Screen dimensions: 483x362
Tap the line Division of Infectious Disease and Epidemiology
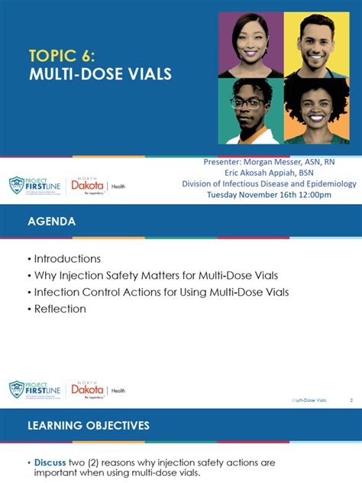tap(269, 183)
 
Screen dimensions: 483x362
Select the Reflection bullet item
tap(60, 309)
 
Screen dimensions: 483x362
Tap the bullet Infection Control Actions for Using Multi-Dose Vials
tap(160, 292)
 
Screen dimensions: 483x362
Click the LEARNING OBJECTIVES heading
tap(89, 425)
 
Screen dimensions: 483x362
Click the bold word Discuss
tap(51, 463)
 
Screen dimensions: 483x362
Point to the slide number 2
tap(351, 400)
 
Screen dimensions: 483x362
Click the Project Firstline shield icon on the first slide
tap(17, 186)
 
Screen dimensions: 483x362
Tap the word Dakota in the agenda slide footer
tap(87, 389)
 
